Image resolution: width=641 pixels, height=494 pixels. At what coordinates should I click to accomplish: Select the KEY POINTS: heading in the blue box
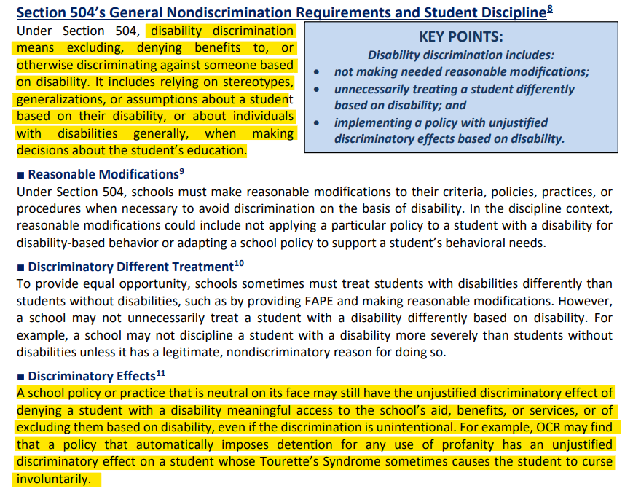point(460,37)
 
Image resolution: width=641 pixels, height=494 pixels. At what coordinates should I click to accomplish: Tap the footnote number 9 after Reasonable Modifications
point(181,171)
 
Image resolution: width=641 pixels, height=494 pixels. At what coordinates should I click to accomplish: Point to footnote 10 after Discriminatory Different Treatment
point(239,263)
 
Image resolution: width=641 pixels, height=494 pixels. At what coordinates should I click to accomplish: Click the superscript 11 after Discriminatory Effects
point(160,373)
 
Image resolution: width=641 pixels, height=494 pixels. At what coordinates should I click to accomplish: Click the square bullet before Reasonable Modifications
point(21,175)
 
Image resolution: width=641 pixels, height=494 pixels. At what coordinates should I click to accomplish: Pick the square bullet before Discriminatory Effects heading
point(21,377)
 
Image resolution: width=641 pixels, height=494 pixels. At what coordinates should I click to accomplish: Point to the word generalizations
point(61,100)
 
